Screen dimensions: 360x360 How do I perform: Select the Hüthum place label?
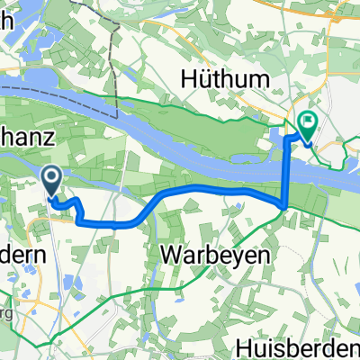(x=227, y=80)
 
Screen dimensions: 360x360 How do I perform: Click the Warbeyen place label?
(x=215, y=255)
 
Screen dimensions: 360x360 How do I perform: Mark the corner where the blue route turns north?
(x=286, y=206)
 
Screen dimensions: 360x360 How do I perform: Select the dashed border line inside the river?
(x=54, y=92)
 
